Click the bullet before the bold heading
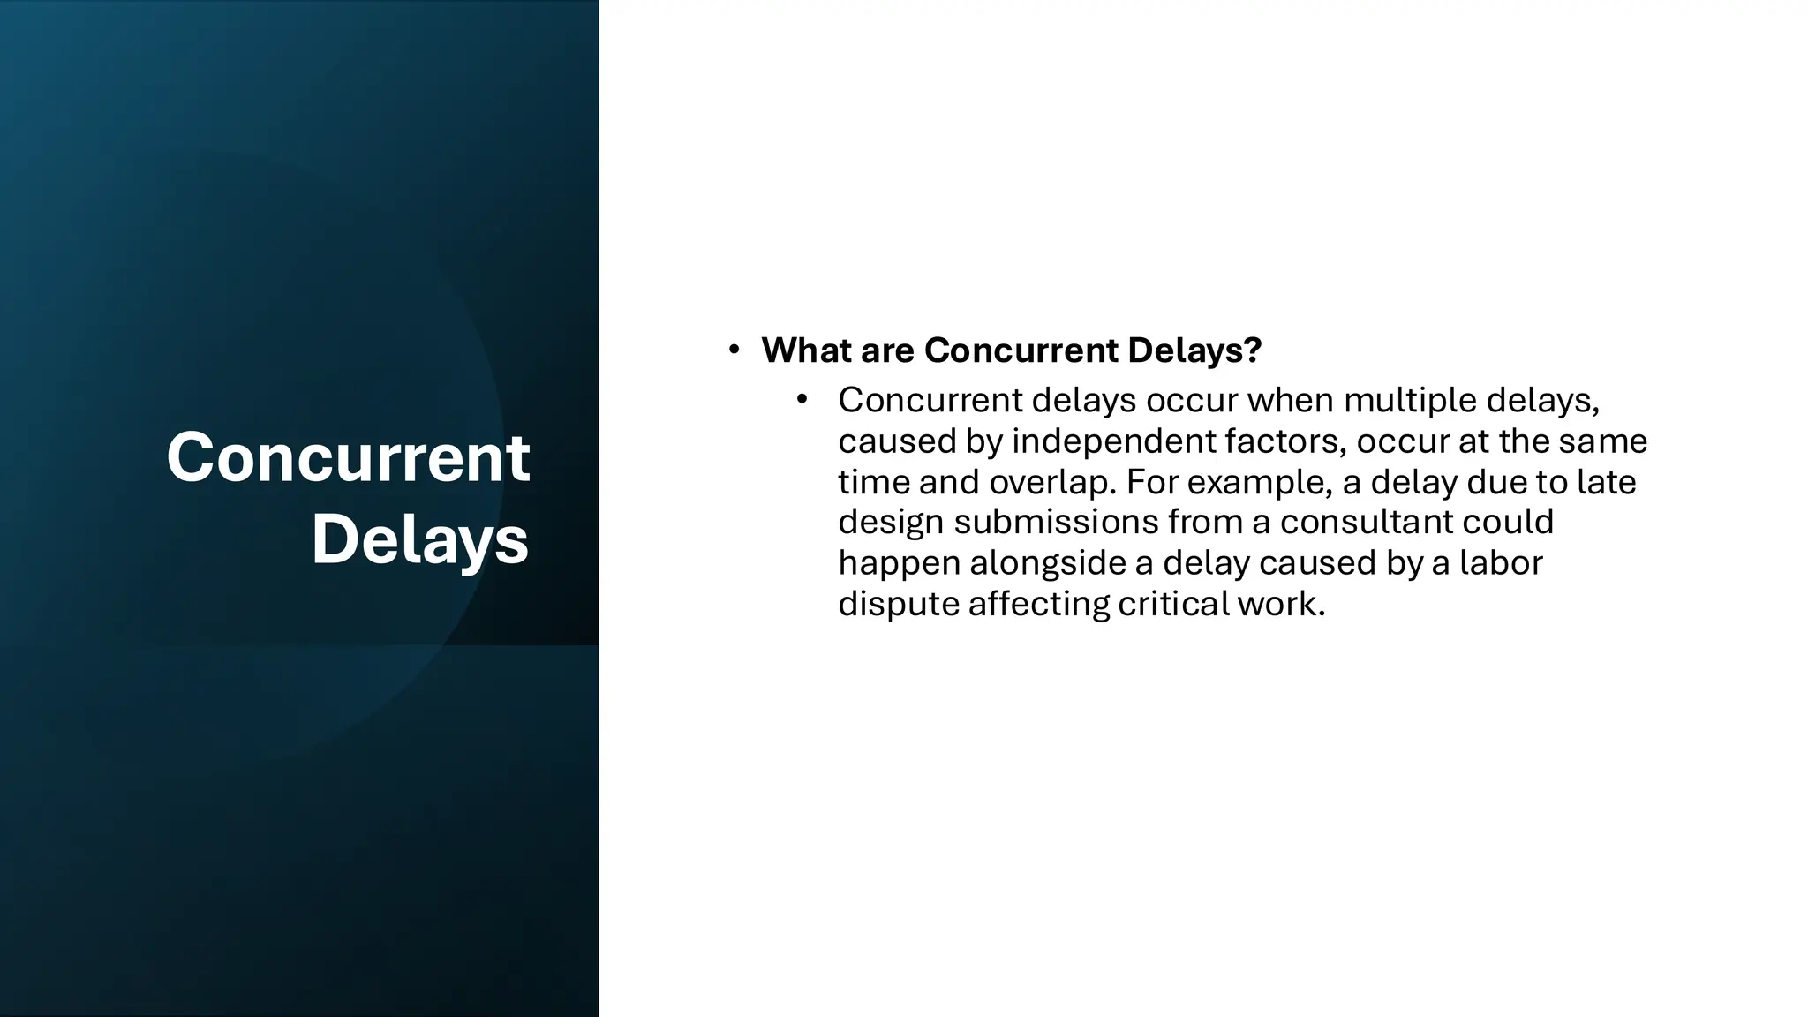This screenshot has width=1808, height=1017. [x=734, y=350]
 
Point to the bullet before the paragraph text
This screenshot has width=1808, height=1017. [x=802, y=400]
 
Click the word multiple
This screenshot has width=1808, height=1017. [x=1410, y=401]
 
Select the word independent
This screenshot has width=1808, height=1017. [x=1112, y=441]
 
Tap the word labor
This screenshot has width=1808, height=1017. [x=1500, y=562]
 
